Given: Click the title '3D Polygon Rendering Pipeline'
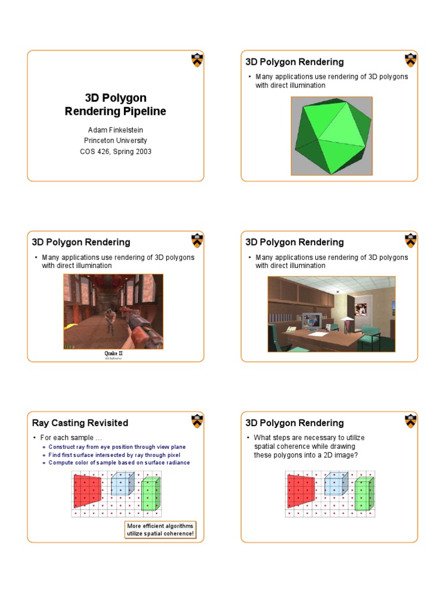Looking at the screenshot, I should point(115,104).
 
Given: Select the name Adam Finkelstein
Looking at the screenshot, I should point(115,130).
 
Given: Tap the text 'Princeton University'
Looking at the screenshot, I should point(115,141).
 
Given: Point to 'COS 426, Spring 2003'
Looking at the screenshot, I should point(115,151).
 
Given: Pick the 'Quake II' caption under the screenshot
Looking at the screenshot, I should point(114,353).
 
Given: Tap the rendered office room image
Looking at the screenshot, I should point(331,314).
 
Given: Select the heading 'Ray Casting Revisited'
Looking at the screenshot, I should point(81,423).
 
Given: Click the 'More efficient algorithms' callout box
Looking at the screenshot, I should point(161,529).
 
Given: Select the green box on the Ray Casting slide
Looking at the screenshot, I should point(150,494).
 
